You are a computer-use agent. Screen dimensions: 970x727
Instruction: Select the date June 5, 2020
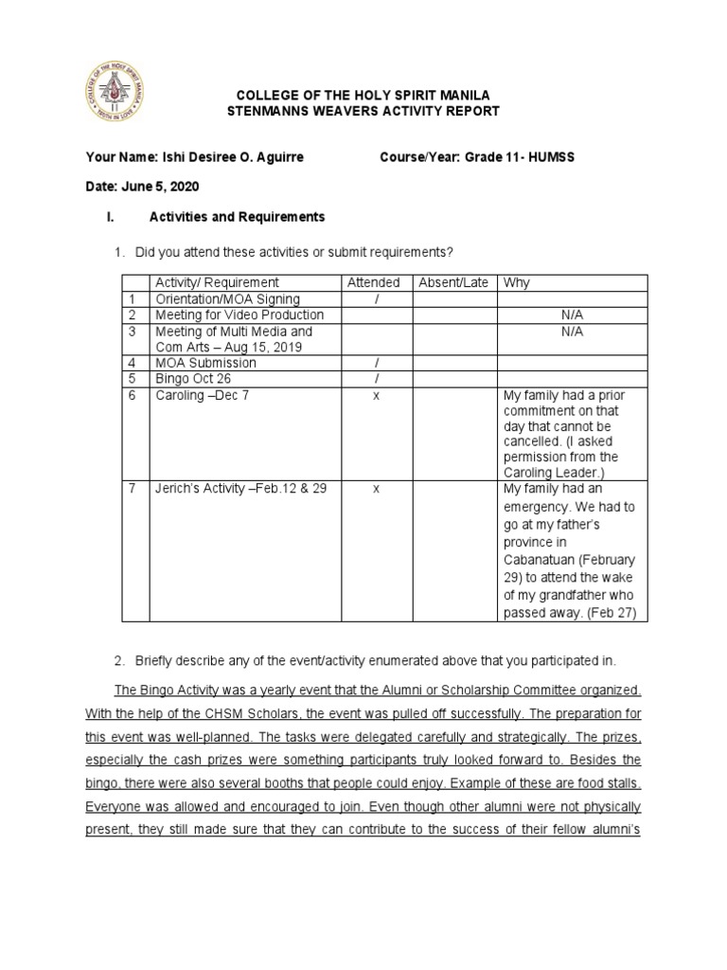pos(162,187)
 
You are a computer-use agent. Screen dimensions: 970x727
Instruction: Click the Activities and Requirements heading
pos(237,217)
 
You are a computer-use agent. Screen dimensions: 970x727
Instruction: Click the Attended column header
pos(373,282)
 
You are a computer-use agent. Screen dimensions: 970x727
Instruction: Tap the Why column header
pos(517,282)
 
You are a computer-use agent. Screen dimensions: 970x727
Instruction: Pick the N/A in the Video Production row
pos(572,314)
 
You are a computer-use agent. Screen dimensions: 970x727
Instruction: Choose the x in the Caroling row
pos(376,395)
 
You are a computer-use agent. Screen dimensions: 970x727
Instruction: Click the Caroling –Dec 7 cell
pos(202,395)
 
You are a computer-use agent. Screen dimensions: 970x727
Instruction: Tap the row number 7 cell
pos(133,489)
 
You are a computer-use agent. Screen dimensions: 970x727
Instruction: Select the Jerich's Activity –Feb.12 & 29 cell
pos(240,489)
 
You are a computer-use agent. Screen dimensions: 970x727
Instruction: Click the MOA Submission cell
pos(205,363)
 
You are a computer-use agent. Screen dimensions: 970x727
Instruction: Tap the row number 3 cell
pos(133,332)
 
